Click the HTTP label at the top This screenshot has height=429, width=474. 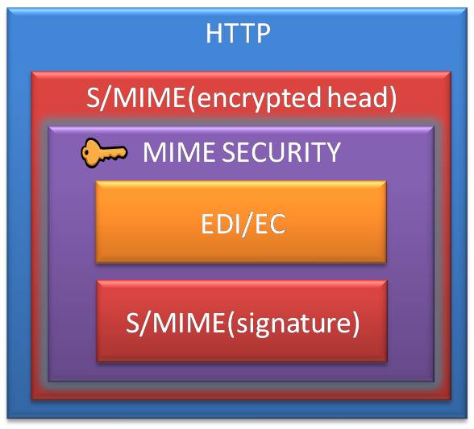[x=238, y=33]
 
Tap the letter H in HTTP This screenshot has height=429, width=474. [x=214, y=33]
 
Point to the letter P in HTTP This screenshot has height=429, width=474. [x=263, y=33]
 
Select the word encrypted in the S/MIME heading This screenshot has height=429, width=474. [x=258, y=99]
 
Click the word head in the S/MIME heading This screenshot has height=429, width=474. [x=358, y=97]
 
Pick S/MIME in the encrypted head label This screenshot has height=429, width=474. [x=135, y=97]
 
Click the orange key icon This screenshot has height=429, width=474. [x=104, y=153]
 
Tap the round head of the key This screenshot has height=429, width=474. [x=89, y=153]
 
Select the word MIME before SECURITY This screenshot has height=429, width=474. [x=179, y=152]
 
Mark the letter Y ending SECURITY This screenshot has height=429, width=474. [x=332, y=152]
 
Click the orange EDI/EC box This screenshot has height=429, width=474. [x=241, y=222]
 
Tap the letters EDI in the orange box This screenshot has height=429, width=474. [x=219, y=224]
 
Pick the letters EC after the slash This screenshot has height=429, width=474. [x=270, y=224]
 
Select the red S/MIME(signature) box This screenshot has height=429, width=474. [x=242, y=321]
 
